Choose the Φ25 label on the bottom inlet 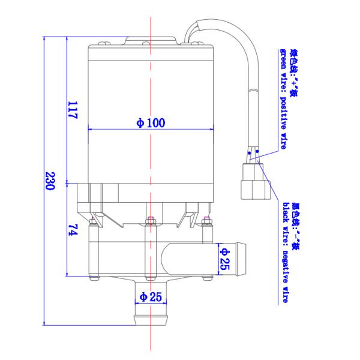pos(151,296)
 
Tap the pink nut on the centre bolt pos(151,220)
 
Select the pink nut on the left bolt pos(92,220)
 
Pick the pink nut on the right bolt pos(207,220)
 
